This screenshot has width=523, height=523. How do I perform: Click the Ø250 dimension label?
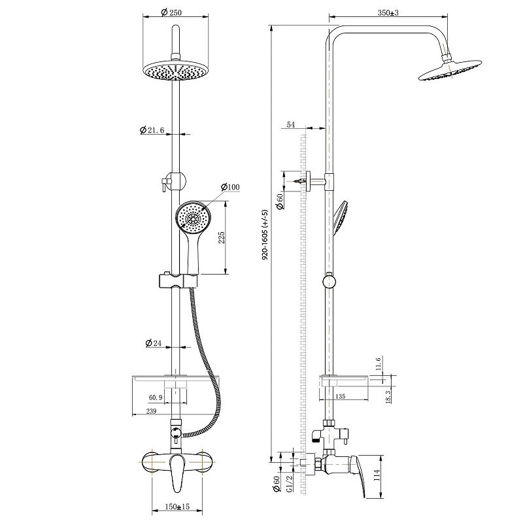tap(171, 12)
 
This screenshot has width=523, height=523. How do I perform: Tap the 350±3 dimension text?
tap(388, 12)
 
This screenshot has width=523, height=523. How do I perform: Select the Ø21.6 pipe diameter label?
tap(152, 129)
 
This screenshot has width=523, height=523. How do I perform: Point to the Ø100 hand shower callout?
tap(230, 187)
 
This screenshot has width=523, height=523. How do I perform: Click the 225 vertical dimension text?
tap(222, 237)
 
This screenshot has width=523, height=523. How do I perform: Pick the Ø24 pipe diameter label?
tap(154, 343)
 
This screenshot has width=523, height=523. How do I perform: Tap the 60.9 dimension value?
tap(156, 397)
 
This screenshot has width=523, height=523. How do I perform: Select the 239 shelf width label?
tap(151, 411)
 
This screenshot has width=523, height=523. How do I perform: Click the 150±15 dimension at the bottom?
tap(177, 506)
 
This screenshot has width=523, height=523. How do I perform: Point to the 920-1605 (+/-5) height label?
tap(265, 235)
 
